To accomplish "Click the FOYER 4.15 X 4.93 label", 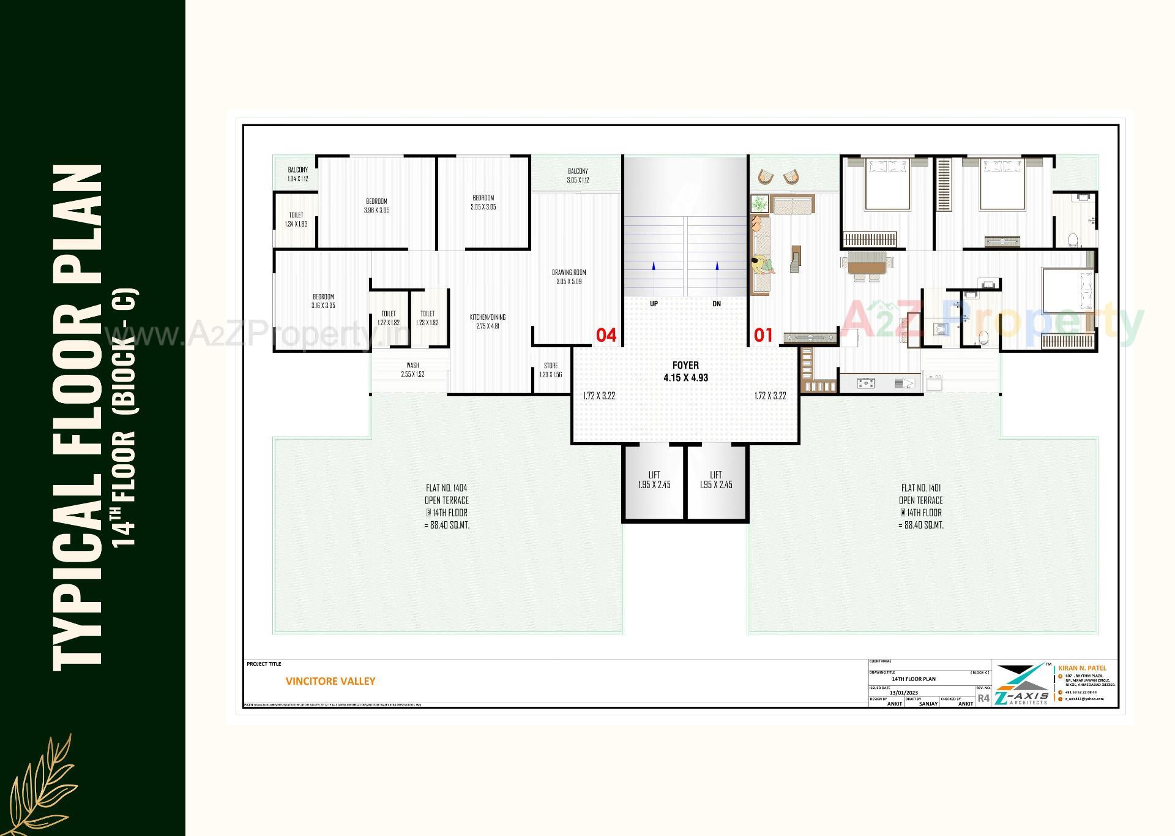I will [685, 372].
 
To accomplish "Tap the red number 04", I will [606, 335].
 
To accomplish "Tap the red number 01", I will [763, 335].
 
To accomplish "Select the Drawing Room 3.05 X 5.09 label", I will [569, 277].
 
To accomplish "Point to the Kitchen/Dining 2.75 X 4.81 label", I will [488, 322].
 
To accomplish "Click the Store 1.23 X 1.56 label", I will [551, 370].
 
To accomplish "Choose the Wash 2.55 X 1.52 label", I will [412, 370].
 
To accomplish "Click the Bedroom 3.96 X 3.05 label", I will [376, 206].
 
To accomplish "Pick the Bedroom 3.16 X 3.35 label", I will [323, 301].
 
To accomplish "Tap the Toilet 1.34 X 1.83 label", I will [296, 219].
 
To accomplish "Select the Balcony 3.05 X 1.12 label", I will [577, 176].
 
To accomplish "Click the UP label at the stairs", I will [654, 304].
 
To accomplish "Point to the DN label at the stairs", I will [717, 304].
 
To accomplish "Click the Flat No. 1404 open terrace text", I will [447, 506].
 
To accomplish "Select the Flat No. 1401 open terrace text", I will [921, 506].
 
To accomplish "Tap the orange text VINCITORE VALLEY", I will [330, 681].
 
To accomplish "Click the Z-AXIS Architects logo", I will [1021, 685].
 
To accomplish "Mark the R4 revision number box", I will [983, 698].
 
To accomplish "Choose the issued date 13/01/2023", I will [904, 693].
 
